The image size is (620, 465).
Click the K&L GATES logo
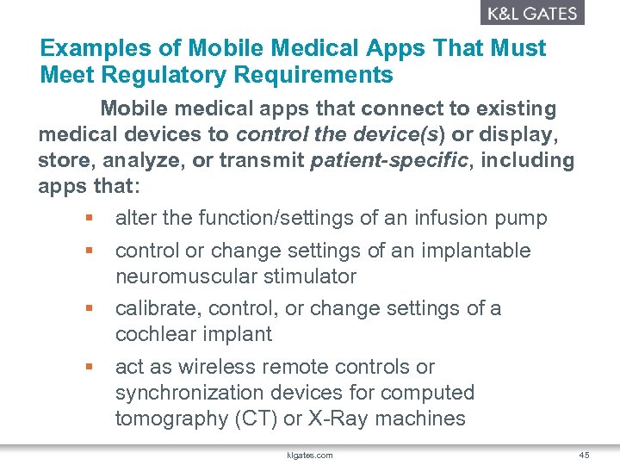(x=532, y=13)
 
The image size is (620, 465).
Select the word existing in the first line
(x=509, y=109)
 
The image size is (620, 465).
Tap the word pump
(x=523, y=219)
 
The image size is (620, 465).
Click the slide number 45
(x=585, y=455)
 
